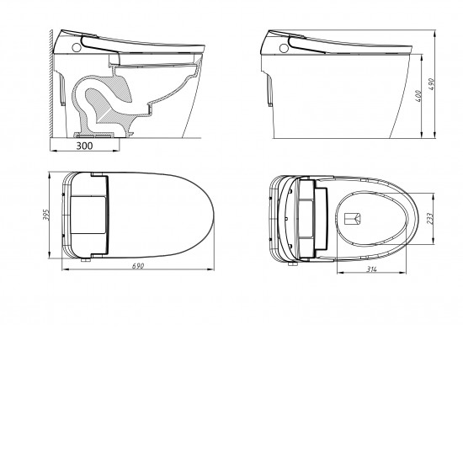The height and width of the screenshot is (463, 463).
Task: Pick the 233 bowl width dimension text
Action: (430, 219)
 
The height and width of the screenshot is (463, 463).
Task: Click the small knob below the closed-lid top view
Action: (85, 260)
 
